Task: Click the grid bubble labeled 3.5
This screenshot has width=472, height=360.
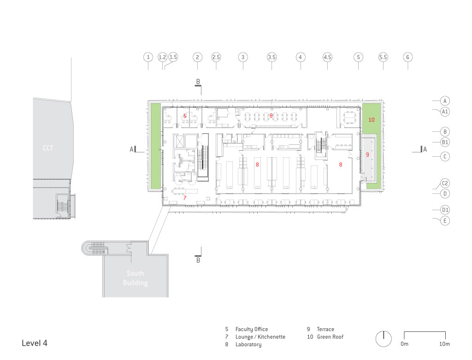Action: pyautogui.click(x=271, y=57)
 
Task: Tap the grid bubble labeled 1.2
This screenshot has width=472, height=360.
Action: pyautogui.click(x=163, y=57)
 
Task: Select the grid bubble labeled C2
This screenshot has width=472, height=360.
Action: pyautogui.click(x=445, y=183)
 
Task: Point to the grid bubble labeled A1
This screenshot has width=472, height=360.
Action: pyautogui.click(x=445, y=112)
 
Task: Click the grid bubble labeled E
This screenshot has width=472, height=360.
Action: pyautogui.click(x=445, y=221)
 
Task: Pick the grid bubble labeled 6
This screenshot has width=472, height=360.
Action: pyautogui.click(x=408, y=57)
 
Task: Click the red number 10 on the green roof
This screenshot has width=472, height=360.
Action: pyautogui.click(x=372, y=120)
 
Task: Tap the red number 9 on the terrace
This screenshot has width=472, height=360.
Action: pyautogui.click(x=367, y=155)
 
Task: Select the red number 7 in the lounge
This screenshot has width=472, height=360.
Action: pyautogui.click(x=185, y=198)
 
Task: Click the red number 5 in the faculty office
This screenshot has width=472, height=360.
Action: pyautogui.click(x=185, y=116)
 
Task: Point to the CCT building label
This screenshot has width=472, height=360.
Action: pyautogui.click(x=48, y=148)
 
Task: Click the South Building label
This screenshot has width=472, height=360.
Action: pyautogui.click(x=136, y=278)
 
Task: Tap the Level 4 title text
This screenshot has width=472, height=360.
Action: pyautogui.click(x=34, y=343)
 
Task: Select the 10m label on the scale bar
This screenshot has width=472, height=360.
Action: pyautogui.click(x=444, y=344)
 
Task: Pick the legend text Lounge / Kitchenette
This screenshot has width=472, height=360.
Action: pyautogui.click(x=260, y=337)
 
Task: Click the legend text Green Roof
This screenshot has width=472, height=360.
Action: pyautogui.click(x=330, y=337)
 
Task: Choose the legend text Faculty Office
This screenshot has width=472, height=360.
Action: pyautogui.click(x=252, y=329)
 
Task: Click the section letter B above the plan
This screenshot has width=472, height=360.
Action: pyautogui.click(x=198, y=82)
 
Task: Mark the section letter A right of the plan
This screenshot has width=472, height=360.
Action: pyautogui.click(x=425, y=149)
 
